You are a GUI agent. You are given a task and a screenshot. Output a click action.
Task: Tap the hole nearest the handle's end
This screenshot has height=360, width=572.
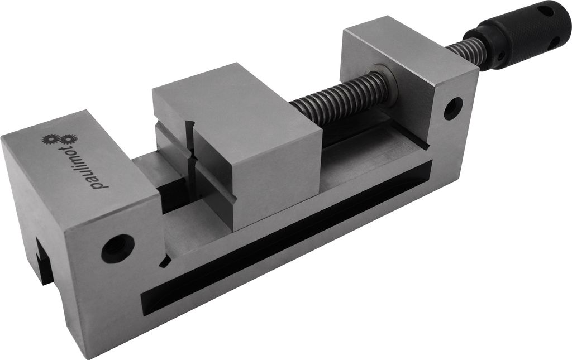pyautogui.click(x=546, y=10)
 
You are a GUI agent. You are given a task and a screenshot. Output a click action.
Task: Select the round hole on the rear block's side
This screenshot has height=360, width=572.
pyautogui.click(x=453, y=108)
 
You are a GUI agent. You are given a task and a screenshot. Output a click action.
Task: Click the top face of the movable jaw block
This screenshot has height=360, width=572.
pyautogui.click(x=235, y=106)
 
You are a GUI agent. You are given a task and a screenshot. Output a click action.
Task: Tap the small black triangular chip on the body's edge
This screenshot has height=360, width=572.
pyautogui.click(x=164, y=261)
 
